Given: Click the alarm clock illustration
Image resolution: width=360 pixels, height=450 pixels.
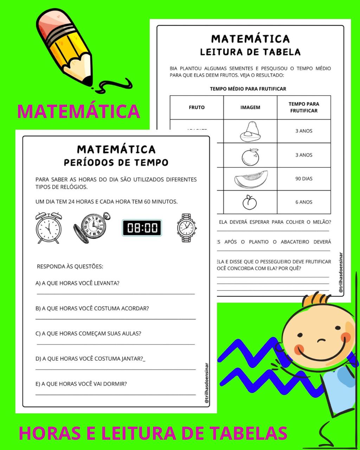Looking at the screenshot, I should pyautogui.click(x=49, y=227).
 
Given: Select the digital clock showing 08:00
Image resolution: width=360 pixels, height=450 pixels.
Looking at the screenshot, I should pyautogui.click(x=142, y=228).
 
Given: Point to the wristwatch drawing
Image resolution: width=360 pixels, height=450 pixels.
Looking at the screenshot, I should pyautogui.click(x=187, y=228).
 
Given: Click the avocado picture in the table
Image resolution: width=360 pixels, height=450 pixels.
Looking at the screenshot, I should pyautogui.click(x=250, y=132).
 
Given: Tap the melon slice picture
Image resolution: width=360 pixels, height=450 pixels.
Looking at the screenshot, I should pyautogui.click(x=251, y=179).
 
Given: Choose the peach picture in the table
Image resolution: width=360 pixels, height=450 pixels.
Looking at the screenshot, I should pyautogui.click(x=250, y=202).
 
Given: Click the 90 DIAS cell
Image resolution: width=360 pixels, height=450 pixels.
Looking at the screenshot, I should pyautogui.click(x=304, y=179).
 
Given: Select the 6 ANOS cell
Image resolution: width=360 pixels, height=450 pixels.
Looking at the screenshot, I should pyautogui.click(x=304, y=202).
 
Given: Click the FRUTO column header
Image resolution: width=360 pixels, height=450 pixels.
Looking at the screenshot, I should pyautogui.click(x=197, y=107).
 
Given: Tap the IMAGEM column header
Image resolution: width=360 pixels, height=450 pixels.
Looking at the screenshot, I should pyautogui.click(x=250, y=107).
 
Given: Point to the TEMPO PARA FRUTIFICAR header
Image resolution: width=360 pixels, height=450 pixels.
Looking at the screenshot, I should pyautogui.click(x=304, y=107).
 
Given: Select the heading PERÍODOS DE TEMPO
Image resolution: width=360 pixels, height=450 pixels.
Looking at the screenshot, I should pyautogui.click(x=116, y=162).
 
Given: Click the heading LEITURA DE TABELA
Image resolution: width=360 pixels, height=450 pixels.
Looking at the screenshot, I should pyautogui.click(x=250, y=52).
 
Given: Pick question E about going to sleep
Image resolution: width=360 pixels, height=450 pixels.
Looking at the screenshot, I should pyautogui.click(x=81, y=384).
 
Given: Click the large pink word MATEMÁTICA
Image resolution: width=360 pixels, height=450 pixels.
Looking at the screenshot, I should pyautogui.click(x=78, y=111).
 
